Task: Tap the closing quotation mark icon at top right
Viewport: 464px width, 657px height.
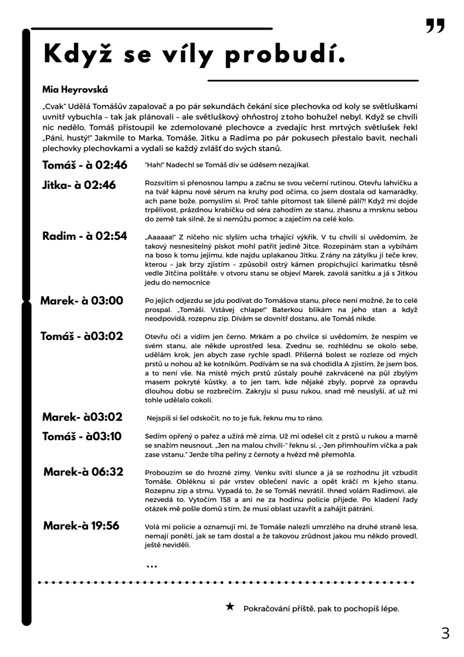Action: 436,26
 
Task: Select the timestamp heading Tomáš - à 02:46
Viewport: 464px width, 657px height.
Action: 85,165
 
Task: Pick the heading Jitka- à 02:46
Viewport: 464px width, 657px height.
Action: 79,185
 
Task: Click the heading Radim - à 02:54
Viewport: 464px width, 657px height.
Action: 85,236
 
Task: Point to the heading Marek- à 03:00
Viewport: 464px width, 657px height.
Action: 82,300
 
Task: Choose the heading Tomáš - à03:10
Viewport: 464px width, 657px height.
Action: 82,436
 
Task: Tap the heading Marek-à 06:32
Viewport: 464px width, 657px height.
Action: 83,471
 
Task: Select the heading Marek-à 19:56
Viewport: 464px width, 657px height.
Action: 81,526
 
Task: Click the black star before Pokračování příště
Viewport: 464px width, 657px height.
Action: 230,606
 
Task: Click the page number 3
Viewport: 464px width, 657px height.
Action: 445,633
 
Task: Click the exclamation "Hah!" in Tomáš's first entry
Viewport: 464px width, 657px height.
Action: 153,165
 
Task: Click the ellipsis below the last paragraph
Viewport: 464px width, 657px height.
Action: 152,566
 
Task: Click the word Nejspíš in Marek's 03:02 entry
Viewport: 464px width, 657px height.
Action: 159,418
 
